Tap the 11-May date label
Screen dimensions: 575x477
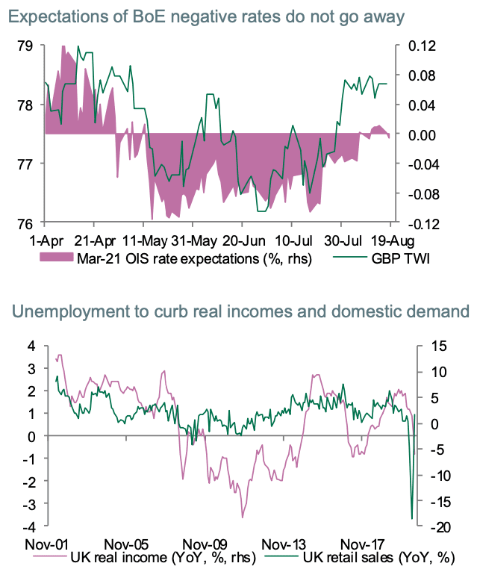143,241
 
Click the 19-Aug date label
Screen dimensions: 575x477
392,241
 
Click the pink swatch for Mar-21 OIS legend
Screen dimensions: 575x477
57,258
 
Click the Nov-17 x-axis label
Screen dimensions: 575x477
358,543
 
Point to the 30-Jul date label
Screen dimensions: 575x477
341,241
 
